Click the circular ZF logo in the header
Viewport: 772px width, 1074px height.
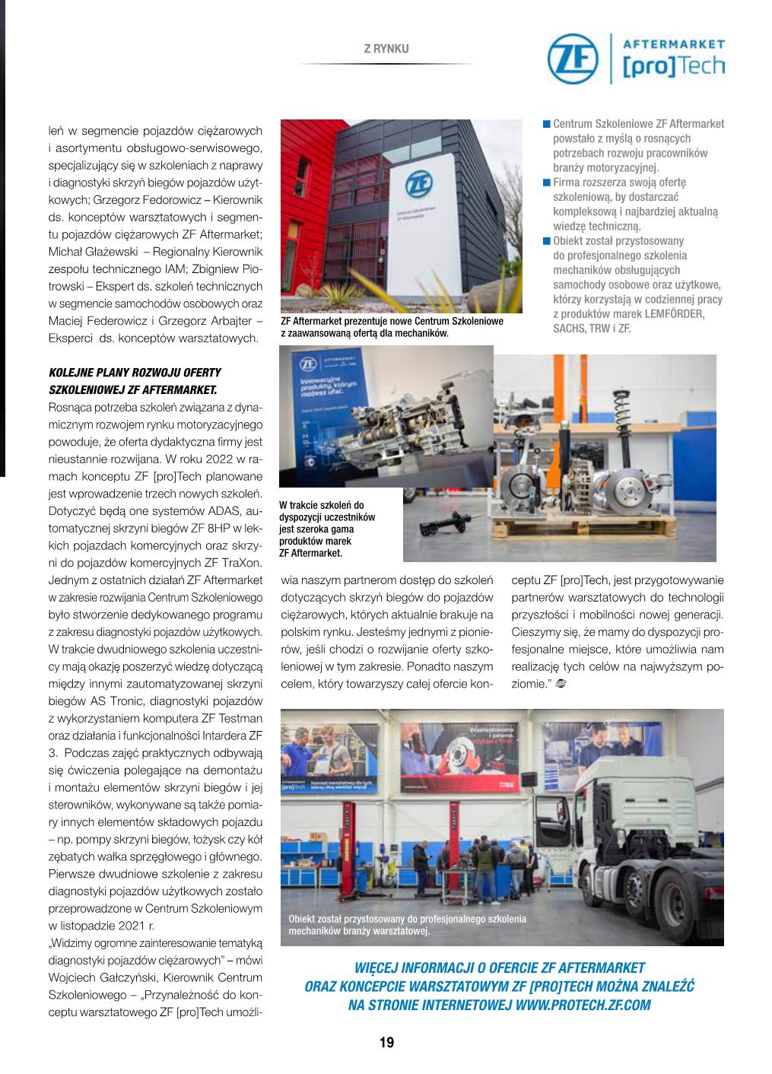tap(573, 59)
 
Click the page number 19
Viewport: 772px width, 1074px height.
tap(386, 1043)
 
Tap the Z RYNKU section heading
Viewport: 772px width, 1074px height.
tap(386, 49)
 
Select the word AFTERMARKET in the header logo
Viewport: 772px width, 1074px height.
tap(673, 45)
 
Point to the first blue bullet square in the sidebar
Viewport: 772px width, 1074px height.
tap(546, 124)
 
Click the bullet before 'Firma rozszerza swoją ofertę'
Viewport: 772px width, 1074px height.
tap(546, 183)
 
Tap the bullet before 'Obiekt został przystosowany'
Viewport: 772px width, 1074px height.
tap(546, 241)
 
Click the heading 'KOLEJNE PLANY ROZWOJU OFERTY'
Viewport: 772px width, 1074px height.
tap(135, 373)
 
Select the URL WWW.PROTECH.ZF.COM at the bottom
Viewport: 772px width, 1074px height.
tap(583, 1005)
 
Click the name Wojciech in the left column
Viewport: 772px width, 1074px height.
tap(72, 977)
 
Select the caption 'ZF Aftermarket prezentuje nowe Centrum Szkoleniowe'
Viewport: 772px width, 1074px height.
tap(392, 321)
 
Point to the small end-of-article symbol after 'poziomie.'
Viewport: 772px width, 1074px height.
tap(561, 684)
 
